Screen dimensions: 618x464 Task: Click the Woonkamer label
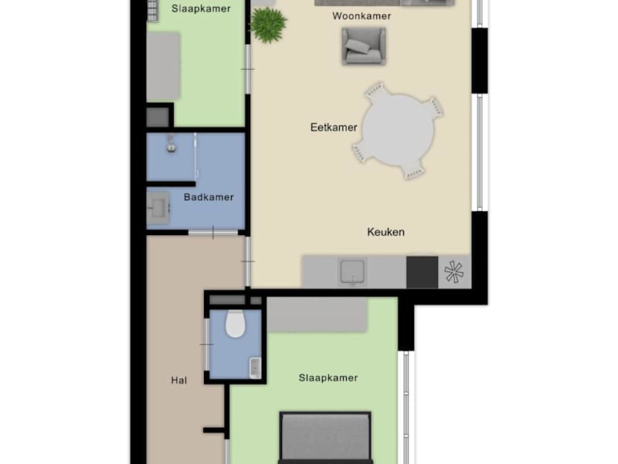pos(362,16)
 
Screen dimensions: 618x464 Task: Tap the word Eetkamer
pos(334,128)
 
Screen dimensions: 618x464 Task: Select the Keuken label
pos(385,232)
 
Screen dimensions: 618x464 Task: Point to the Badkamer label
pos(209,197)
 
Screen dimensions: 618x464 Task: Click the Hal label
pos(179,380)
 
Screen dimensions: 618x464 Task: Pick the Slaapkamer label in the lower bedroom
pos(328,378)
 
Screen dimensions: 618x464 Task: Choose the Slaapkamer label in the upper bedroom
pos(201,9)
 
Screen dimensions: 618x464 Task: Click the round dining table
pos(398,131)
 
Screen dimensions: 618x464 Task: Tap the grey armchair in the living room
pos(363,46)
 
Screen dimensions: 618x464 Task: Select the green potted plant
pos(268,25)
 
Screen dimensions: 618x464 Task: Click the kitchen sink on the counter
pos(353,271)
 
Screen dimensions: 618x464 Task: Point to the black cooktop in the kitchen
pos(422,272)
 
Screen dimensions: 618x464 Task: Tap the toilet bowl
pos(236,323)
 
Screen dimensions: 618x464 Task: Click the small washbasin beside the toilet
pos(256,368)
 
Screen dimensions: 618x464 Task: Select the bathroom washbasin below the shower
pos(159,207)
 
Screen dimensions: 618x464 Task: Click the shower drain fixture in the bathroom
pos(171,145)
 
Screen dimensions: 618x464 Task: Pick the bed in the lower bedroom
pos(325,438)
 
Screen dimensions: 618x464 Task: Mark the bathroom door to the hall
pos(213,233)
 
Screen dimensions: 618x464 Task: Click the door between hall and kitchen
pos(248,261)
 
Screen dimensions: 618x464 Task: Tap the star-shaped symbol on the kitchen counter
pos(454,272)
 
